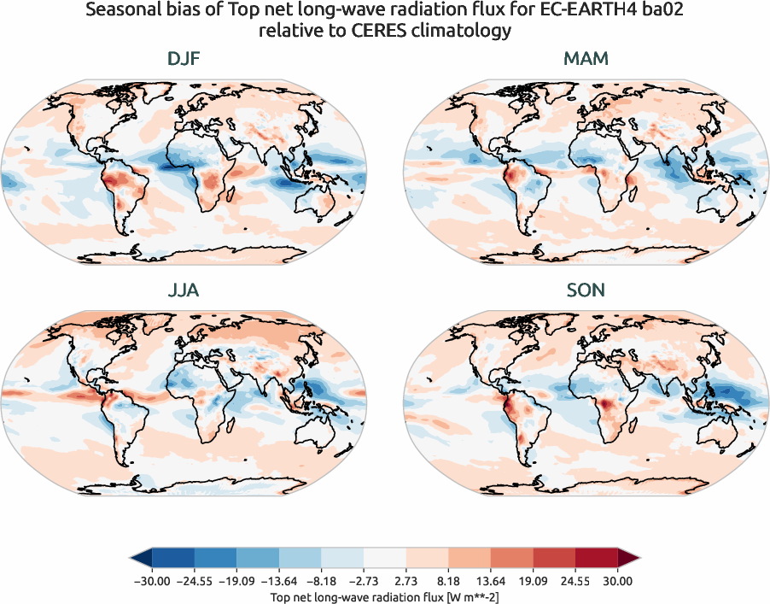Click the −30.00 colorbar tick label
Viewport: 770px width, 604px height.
click(151, 581)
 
